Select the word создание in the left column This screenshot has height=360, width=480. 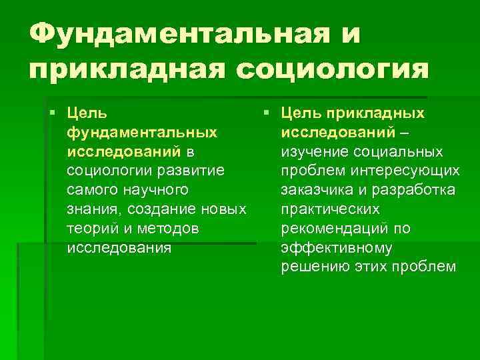[164, 209]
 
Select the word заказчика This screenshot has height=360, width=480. [317, 190]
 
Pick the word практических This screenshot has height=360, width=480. [330, 209]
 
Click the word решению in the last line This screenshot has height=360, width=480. [312, 267]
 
